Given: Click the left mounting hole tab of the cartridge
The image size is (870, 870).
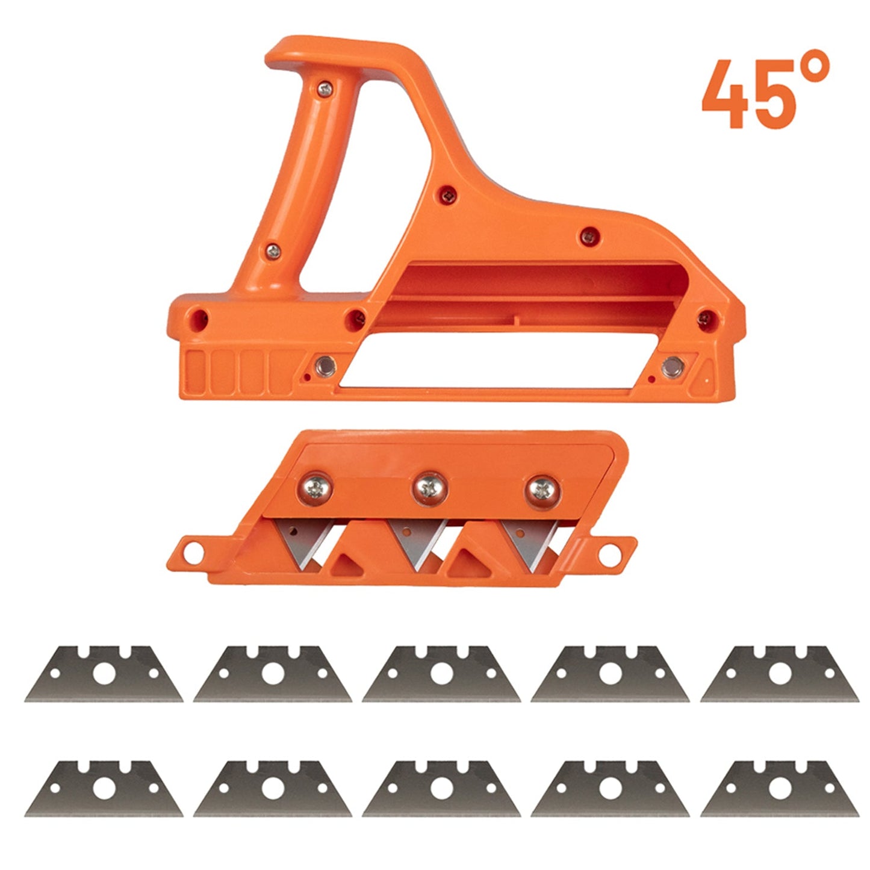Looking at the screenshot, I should click(x=194, y=550).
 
